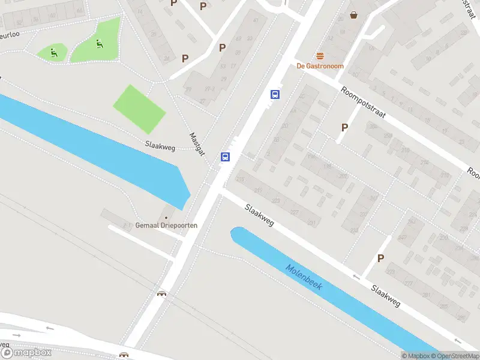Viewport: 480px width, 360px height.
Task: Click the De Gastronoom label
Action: pyautogui.click(x=320, y=66)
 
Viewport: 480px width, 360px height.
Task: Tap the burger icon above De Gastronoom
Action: pyautogui.click(x=320, y=56)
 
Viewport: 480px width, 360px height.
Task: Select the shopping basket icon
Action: pyautogui.click(x=354, y=14)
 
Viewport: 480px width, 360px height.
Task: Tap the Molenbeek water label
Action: pyautogui.click(x=304, y=278)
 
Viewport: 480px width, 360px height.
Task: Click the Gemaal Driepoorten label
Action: pyautogui.click(x=166, y=226)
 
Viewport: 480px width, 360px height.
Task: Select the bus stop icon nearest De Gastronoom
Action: pyautogui.click(x=275, y=94)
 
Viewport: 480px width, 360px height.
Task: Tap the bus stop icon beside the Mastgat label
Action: pyautogui.click(x=225, y=157)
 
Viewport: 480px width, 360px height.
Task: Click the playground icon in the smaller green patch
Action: pyautogui.click(x=54, y=52)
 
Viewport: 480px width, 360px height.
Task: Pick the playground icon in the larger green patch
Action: pyautogui.click(x=98, y=43)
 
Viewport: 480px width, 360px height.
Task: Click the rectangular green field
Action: pyautogui.click(x=139, y=109)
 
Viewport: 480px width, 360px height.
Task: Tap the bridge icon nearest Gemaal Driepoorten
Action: pyautogui.click(x=161, y=293)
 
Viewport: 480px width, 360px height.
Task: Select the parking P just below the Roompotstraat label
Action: pyautogui.click(x=344, y=127)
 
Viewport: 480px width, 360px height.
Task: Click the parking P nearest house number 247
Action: pyautogui.click(x=380, y=259)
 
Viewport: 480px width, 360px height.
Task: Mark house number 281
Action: pyautogui.click(x=427, y=295)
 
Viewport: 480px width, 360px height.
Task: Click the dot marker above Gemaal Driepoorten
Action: pyautogui.click(x=166, y=217)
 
